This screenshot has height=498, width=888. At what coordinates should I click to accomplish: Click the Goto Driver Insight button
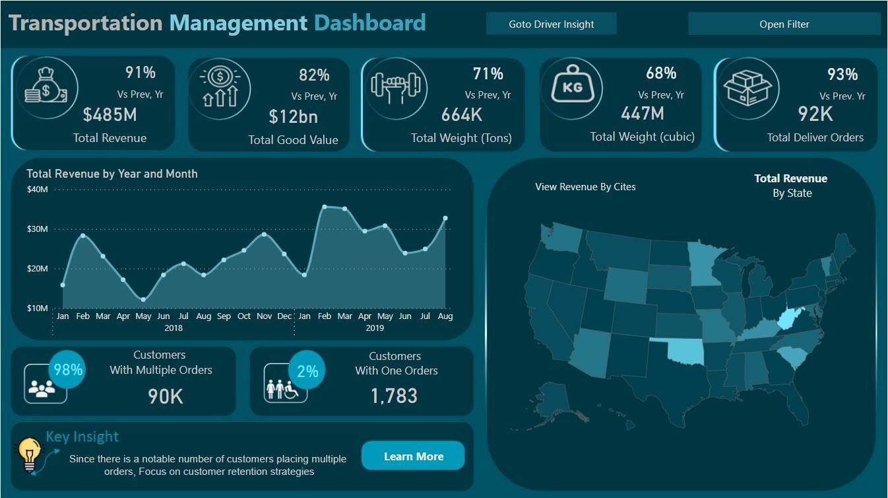551,24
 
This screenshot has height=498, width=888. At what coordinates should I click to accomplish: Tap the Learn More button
413,456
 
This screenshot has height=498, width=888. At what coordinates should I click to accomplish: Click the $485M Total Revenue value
110,115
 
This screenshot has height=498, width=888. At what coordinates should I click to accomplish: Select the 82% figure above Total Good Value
314,75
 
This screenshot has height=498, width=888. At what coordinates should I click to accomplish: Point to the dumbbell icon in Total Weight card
398,87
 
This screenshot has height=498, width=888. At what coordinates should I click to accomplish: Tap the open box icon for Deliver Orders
747,88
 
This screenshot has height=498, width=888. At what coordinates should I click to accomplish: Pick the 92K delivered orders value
815,114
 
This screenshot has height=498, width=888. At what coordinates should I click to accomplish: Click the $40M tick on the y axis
37,190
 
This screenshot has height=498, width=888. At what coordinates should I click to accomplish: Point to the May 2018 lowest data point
143,300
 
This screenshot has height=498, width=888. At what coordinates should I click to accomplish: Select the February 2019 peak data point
324,207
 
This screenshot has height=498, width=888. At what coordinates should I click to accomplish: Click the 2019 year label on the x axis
374,328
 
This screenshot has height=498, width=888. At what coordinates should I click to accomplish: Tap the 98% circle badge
69,370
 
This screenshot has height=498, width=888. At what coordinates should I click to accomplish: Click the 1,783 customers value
394,396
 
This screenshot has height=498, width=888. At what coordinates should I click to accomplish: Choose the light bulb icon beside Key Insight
28,454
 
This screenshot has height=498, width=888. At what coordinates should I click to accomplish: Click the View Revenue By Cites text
585,187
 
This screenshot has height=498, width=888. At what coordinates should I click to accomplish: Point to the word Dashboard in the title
369,23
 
